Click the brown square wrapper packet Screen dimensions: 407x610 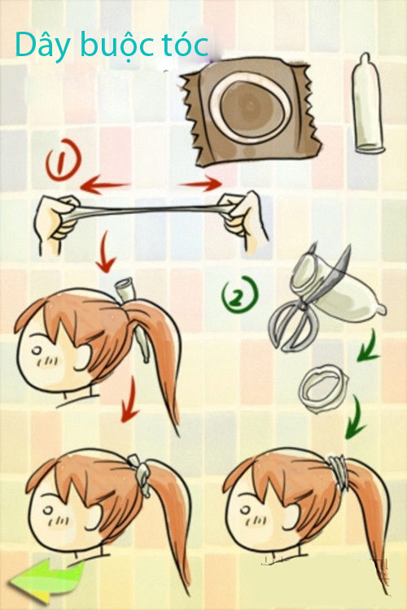tap(251, 111)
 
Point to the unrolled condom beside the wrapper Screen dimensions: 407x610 tap(368, 103)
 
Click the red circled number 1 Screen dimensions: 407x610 tap(63, 159)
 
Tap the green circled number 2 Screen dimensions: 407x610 tap(240, 294)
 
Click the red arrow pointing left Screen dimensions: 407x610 tap(104, 185)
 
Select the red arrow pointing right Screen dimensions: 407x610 tap(200, 183)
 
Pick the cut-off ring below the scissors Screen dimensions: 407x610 tap(323, 388)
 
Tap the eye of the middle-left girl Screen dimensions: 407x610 tap(37, 351)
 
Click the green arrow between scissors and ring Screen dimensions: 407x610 tap(368, 346)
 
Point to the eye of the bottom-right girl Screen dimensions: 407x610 tap(247, 511)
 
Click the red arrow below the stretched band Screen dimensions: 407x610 tap(105, 252)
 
